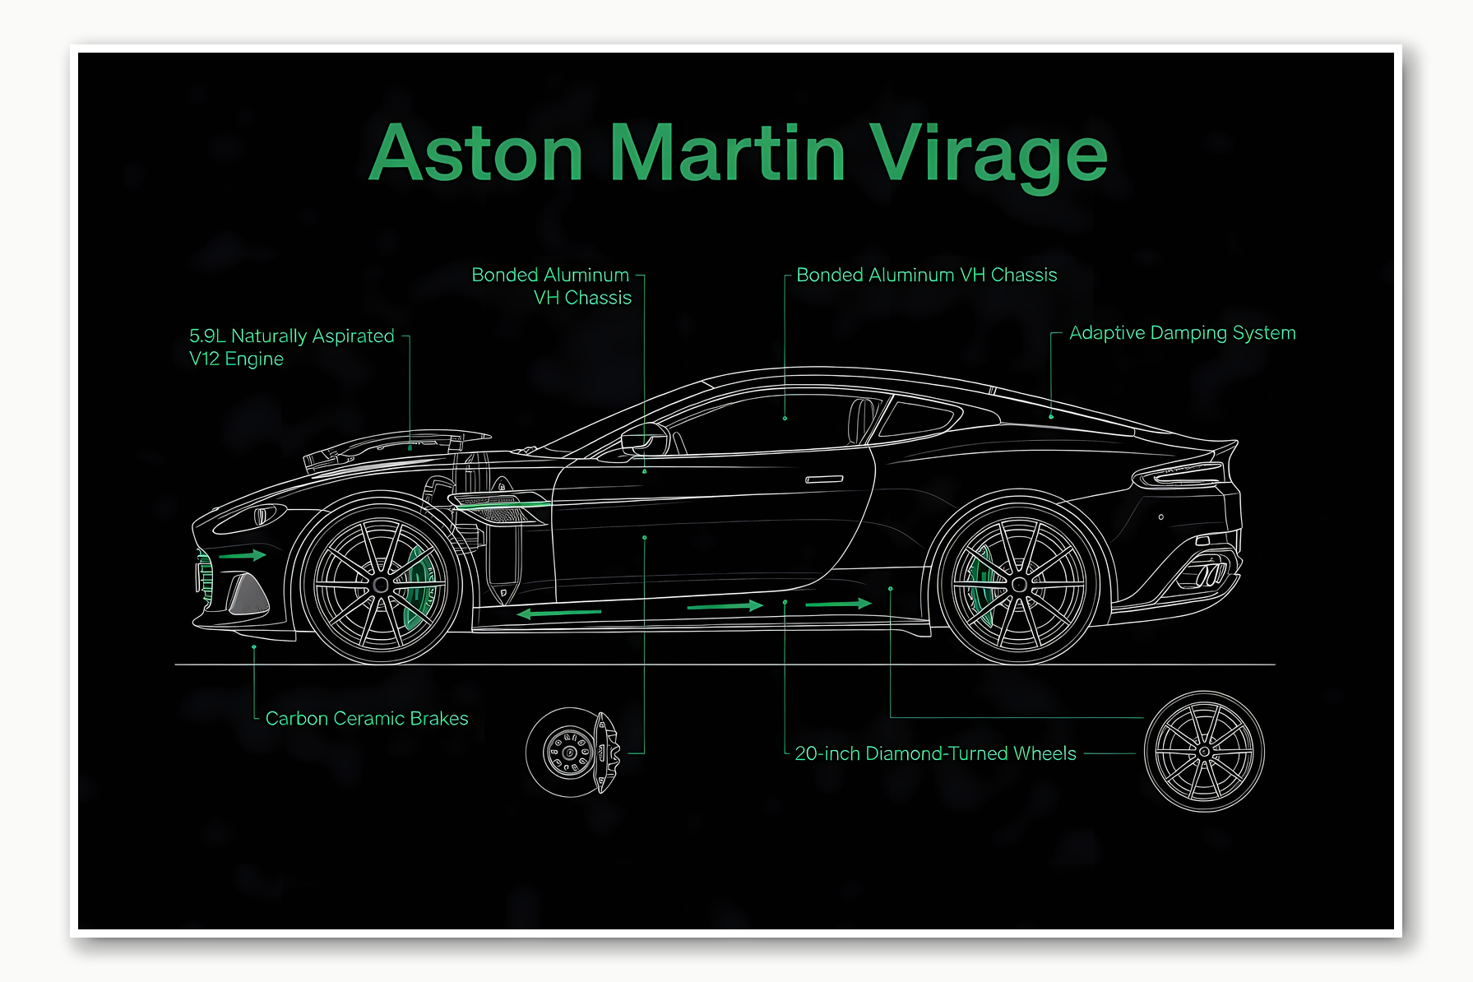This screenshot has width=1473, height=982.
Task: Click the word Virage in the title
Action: [x=988, y=155]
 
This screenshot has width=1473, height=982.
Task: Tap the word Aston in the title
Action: [x=476, y=155]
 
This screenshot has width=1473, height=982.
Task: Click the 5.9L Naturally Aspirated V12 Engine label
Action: [x=291, y=347]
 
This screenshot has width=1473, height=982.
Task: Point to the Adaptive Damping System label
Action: [x=1182, y=333]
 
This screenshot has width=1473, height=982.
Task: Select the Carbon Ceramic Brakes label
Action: [x=367, y=719]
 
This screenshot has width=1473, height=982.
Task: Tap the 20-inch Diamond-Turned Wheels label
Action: [x=935, y=753]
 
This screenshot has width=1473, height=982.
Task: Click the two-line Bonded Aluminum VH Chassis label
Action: [x=552, y=286]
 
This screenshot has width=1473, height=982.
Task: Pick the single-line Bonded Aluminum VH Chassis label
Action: [x=926, y=275]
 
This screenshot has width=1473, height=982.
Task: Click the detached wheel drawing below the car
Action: [x=1204, y=752]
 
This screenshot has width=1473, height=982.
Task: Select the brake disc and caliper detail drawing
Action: [x=572, y=752]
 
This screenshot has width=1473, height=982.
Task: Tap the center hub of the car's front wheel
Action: [x=380, y=585]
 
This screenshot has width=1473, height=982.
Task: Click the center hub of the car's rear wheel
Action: [x=1020, y=585]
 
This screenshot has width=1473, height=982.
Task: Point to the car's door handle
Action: [x=824, y=479]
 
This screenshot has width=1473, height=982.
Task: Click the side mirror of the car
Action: [x=645, y=438]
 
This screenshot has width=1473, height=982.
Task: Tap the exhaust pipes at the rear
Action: [x=1210, y=572]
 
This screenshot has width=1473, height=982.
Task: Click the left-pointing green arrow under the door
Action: [x=559, y=613]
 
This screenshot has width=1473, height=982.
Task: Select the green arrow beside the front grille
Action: [x=243, y=556]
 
